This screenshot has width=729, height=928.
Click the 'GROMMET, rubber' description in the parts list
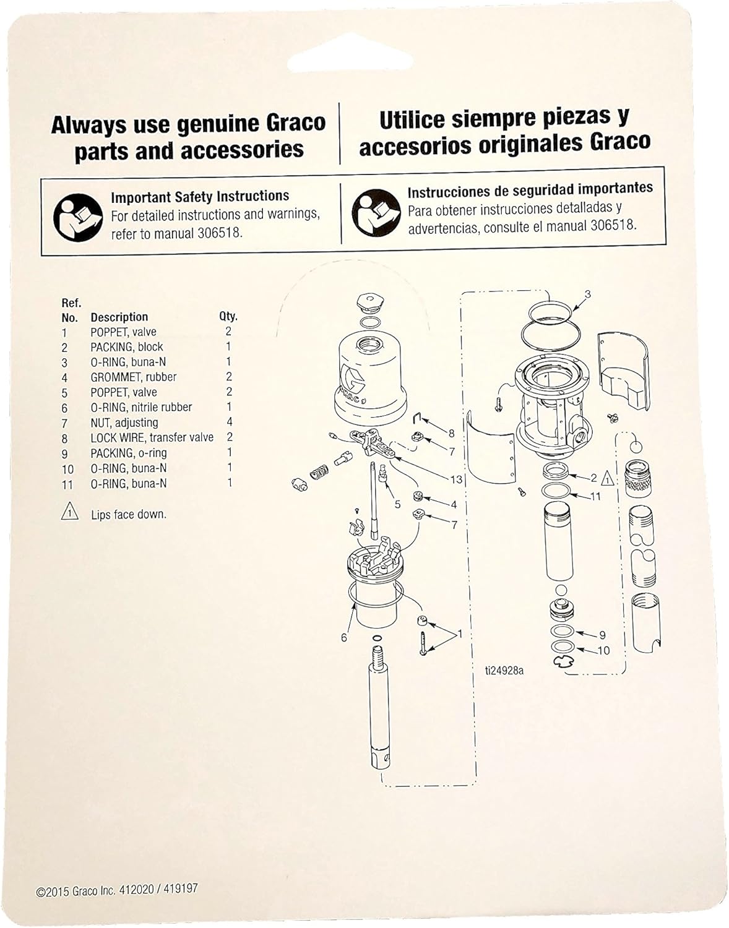pyautogui.click(x=133, y=377)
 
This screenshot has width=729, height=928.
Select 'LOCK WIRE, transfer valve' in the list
pyautogui.click(x=152, y=437)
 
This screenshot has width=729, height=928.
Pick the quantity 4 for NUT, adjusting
pyautogui.click(x=229, y=422)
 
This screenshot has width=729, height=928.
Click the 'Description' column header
pyautogui.click(x=119, y=317)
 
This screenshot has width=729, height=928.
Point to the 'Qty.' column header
pyautogui.click(x=228, y=316)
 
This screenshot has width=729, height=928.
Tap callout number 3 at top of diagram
pyautogui.click(x=587, y=294)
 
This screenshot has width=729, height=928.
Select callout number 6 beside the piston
pyautogui.click(x=344, y=637)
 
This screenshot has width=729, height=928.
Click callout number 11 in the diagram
pyautogui.click(x=595, y=496)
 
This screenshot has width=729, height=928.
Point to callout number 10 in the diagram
pyautogui.click(x=603, y=650)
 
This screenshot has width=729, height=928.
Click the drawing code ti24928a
pyautogui.click(x=504, y=670)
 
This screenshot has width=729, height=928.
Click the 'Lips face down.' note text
pyautogui.click(x=128, y=514)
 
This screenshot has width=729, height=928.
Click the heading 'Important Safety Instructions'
pyautogui.click(x=199, y=197)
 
